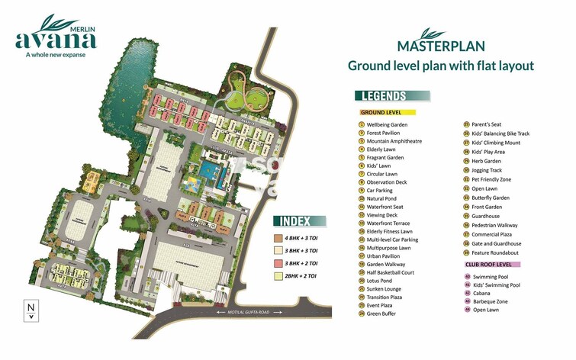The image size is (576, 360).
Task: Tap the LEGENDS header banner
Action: point(392,96)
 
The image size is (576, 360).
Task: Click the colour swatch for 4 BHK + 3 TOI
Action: point(280,237)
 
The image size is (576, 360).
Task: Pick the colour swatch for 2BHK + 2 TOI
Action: point(280,275)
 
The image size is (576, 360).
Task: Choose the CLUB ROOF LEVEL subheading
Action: point(492,264)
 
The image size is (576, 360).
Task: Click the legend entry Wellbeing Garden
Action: point(387,124)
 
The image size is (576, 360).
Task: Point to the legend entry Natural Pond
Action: point(385,198)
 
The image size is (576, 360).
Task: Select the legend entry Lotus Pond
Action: point(382,281)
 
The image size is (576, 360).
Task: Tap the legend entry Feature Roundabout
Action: point(495,252)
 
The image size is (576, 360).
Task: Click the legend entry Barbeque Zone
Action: point(491,301)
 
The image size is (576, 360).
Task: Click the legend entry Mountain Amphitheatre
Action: point(394,141)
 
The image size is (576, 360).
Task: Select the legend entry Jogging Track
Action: point(487,170)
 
